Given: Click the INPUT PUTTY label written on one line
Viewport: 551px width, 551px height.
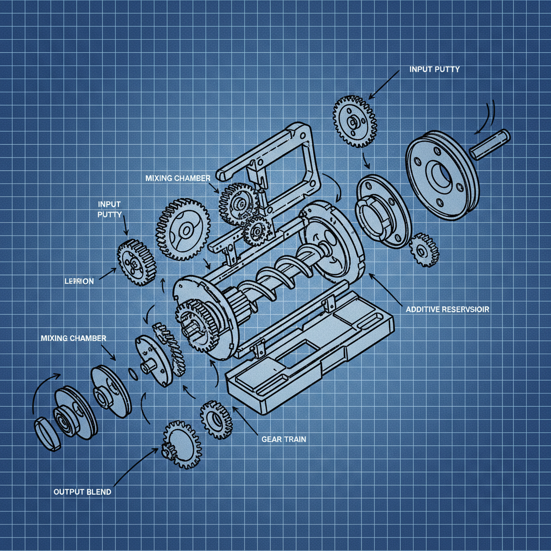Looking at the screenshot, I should click(x=434, y=69).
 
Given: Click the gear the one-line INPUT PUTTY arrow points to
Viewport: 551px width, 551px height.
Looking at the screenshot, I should click(x=355, y=122).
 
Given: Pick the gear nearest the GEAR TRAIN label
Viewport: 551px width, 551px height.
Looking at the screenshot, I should click(x=216, y=420).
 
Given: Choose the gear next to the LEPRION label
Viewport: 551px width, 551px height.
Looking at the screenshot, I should click(x=137, y=262).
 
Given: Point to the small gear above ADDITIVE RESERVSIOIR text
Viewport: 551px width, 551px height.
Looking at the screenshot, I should click(x=424, y=249).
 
